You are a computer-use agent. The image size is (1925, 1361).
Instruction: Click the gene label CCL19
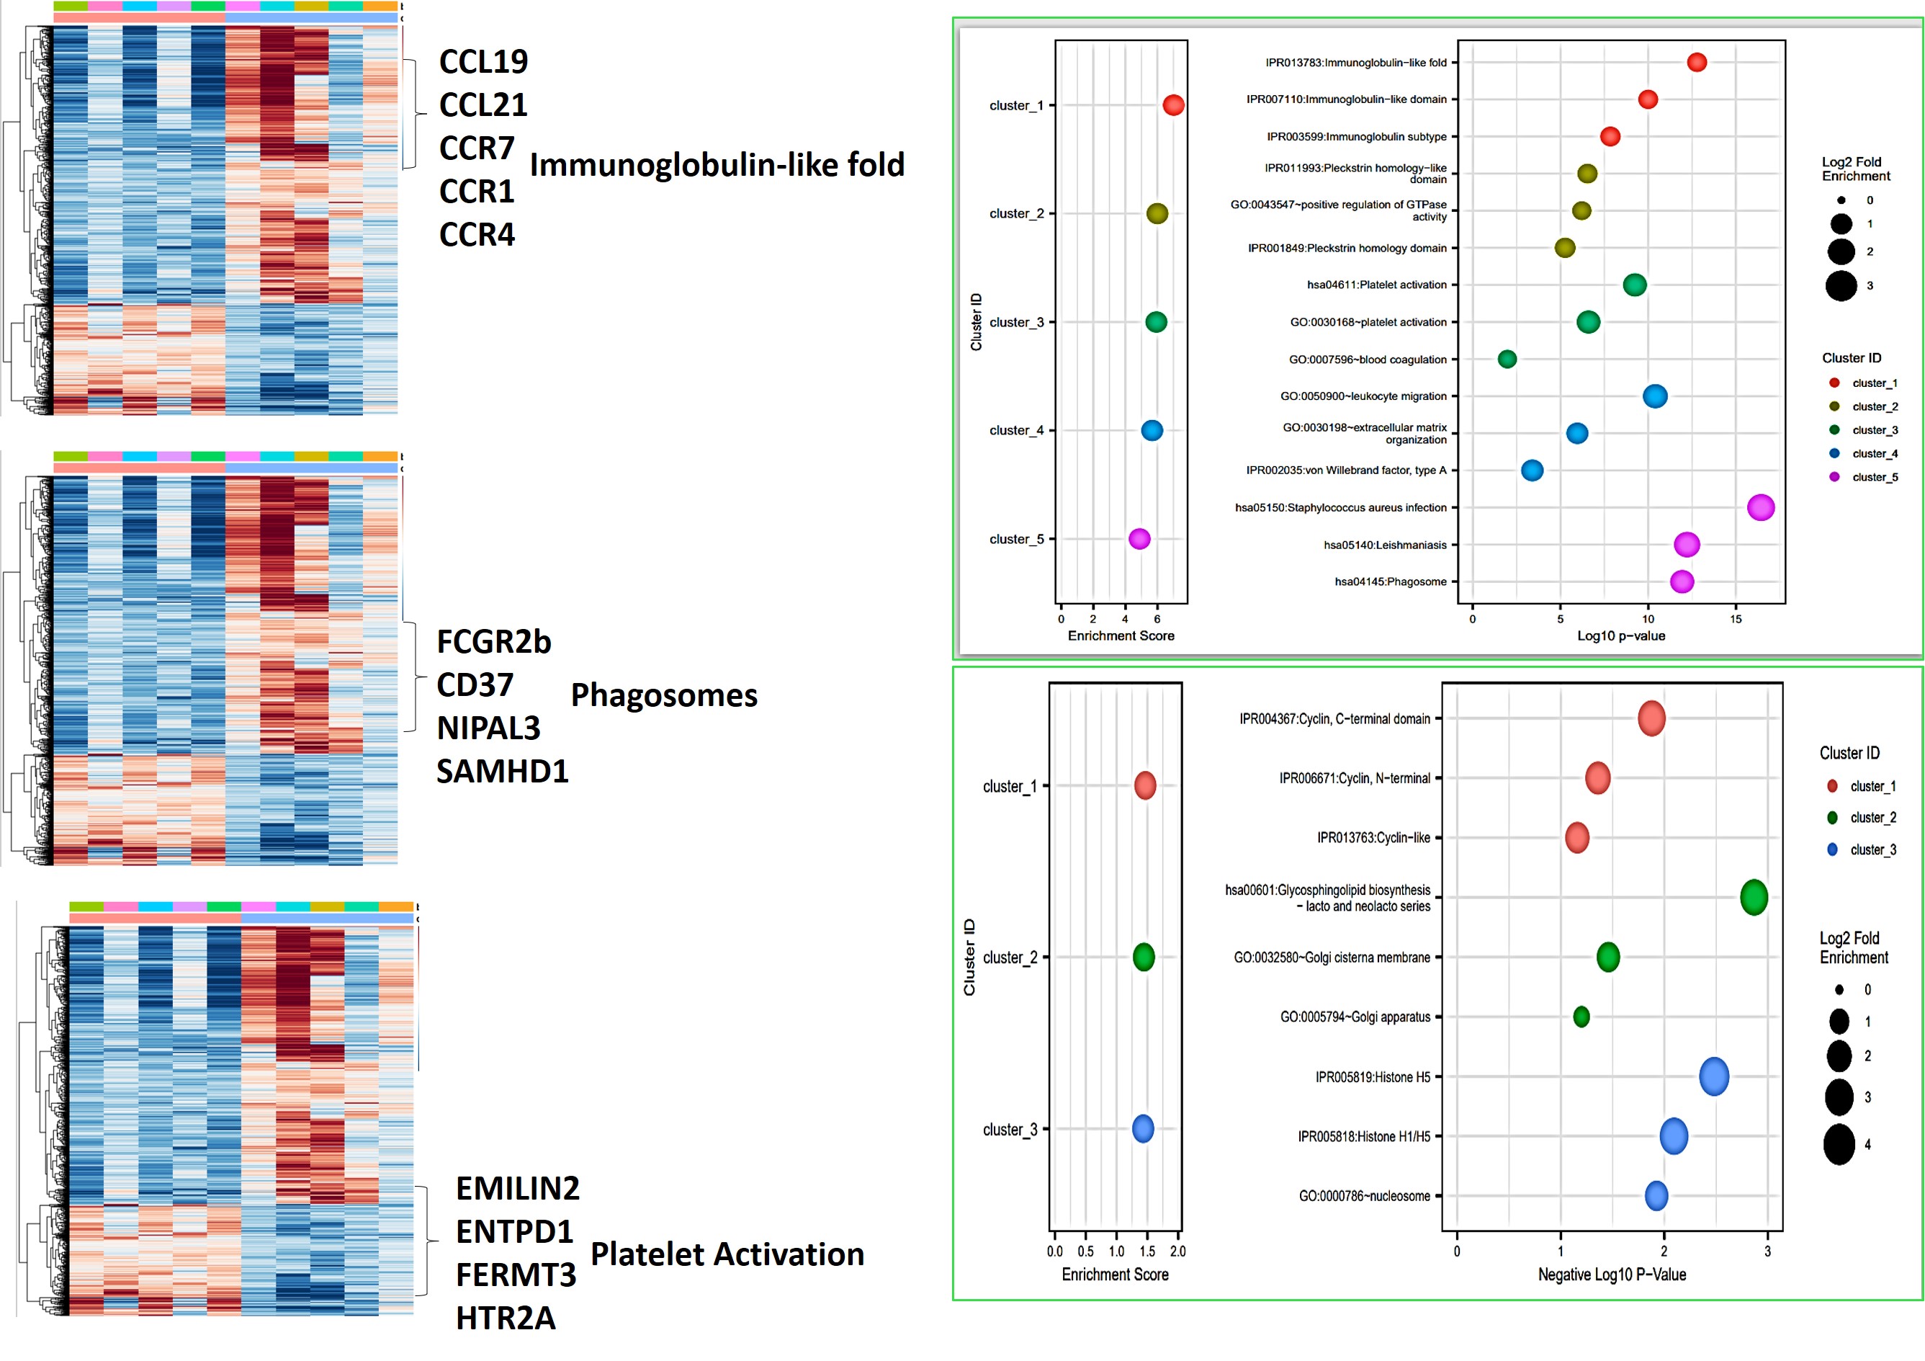pos(483,61)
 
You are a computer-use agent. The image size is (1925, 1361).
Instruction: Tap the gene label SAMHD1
pos(502,771)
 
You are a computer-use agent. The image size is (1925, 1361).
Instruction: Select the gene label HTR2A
pos(505,1317)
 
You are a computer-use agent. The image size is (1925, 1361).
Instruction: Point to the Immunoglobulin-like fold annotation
pos(717,164)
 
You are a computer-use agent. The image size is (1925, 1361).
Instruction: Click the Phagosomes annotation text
pos(664,695)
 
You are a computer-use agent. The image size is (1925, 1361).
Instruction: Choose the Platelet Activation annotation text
pos(727,1254)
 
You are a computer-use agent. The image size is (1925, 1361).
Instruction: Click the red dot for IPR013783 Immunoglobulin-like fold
pos(1696,62)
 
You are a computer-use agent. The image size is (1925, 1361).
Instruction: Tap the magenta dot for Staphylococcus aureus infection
pos(1760,507)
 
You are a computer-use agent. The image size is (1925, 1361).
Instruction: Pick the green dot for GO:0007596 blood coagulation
pos(1507,359)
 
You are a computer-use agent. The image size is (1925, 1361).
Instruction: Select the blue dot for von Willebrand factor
pos(1532,470)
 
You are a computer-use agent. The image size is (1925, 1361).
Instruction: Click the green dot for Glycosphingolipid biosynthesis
pos(1753,897)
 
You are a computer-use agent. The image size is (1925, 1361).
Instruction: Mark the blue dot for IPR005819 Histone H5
pos(1714,1076)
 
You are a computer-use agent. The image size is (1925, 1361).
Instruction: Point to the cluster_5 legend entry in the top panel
pos(1874,477)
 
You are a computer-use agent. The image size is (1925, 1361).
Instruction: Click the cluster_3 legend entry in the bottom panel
pos(1872,849)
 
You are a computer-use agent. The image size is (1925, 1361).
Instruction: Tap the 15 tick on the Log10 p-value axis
pos(1736,619)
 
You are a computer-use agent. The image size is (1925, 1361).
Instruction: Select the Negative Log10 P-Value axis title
pos(1612,1275)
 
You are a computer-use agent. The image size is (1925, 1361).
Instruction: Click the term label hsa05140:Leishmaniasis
pos(1384,545)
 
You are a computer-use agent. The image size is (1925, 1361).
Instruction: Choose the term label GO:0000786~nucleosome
pos(1364,1196)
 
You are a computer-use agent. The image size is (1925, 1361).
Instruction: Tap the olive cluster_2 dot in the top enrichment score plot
pos(1156,214)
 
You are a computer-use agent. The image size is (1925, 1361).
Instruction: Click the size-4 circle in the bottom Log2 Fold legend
pos(1839,1145)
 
